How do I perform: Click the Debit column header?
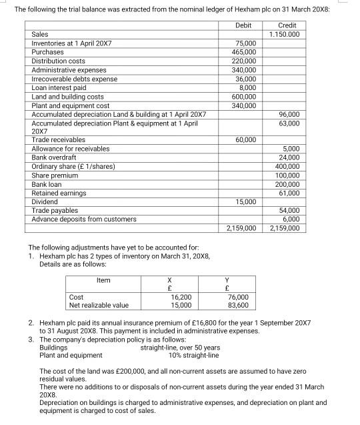click(x=243, y=25)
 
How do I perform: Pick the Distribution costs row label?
click(x=59, y=61)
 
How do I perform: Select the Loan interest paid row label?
click(x=59, y=87)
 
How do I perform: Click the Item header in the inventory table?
click(x=104, y=280)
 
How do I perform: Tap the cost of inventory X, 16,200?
click(x=181, y=297)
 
